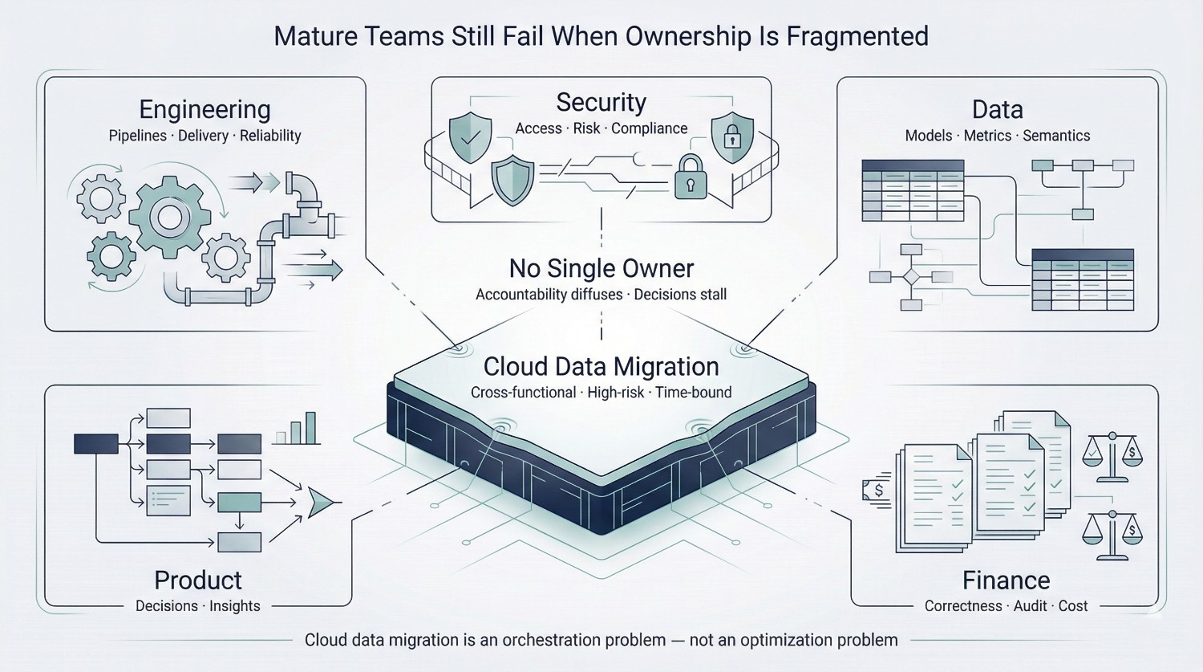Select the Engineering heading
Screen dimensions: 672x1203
point(205,109)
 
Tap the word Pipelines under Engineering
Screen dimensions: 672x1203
point(138,136)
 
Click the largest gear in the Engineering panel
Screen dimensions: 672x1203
point(169,217)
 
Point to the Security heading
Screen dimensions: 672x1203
point(601,102)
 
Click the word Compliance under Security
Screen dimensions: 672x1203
point(650,128)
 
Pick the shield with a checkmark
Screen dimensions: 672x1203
point(471,137)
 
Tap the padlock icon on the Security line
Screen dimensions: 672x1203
point(690,177)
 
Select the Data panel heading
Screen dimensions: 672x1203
point(997,109)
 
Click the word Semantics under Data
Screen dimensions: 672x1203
point(1056,136)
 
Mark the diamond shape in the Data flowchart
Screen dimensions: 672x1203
point(911,278)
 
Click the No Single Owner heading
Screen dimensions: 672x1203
point(601,268)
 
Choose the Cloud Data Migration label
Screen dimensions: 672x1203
point(601,367)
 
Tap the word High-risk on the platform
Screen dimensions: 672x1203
point(615,393)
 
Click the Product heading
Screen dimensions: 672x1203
point(198,580)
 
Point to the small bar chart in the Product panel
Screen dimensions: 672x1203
point(296,430)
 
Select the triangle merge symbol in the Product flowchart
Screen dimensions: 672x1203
point(321,503)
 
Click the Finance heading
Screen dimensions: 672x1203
point(1006,580)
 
